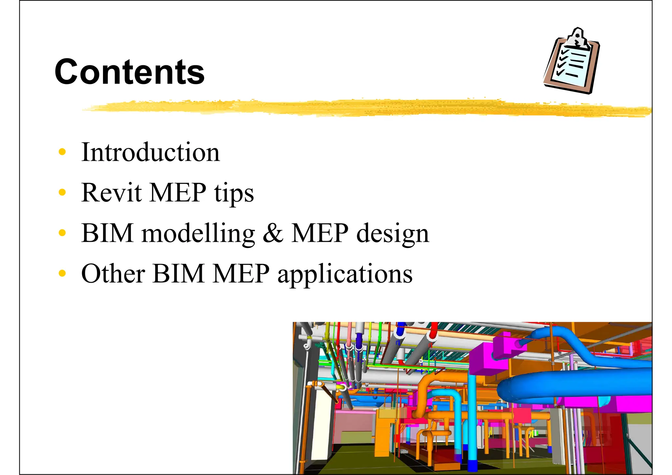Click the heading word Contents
(130, 72)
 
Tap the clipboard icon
(571, 62)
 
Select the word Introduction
(150, 152)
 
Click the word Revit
(112, 193)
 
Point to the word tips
(234, 193)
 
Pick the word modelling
(198, 233)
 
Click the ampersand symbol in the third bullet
(273, 233)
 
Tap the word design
(392, 234)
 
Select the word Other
(113, 274)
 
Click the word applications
(345, 274)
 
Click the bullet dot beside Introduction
(62, 152)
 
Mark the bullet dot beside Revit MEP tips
(62, 192)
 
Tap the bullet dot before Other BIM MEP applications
(62, 273)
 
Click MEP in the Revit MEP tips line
(178, 193)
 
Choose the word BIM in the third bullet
(107, 233)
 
